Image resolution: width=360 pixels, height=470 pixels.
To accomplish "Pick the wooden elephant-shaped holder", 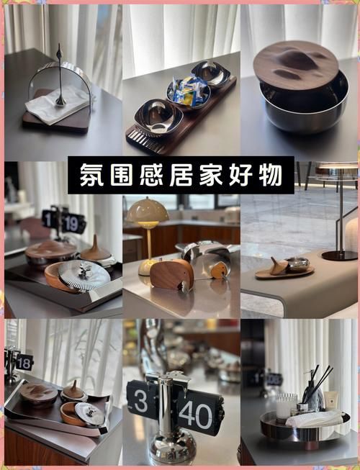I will coord(171,275).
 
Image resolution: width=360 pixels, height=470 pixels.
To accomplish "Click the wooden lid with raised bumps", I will coord(295,64).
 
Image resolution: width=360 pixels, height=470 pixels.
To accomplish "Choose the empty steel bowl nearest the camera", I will coord(158,115).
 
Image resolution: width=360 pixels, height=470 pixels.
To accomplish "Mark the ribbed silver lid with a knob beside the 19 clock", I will coord(85,274).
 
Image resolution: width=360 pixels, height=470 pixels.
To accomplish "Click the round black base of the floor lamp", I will coord(338,255).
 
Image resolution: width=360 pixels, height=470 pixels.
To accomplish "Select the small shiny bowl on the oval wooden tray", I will coord(297,263).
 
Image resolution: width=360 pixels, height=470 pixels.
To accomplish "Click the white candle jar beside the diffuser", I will coord(286,406).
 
